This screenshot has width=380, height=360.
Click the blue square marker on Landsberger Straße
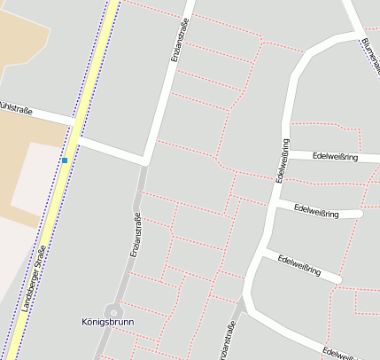(65, 160)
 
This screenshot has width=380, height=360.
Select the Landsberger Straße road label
(34, 276)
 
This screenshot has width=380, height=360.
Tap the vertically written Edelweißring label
(283, 160)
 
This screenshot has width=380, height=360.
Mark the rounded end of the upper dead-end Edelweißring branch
(358, 214)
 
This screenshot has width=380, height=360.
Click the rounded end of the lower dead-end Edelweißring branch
(337, 279)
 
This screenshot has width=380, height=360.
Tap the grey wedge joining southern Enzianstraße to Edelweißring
(243, 306)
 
